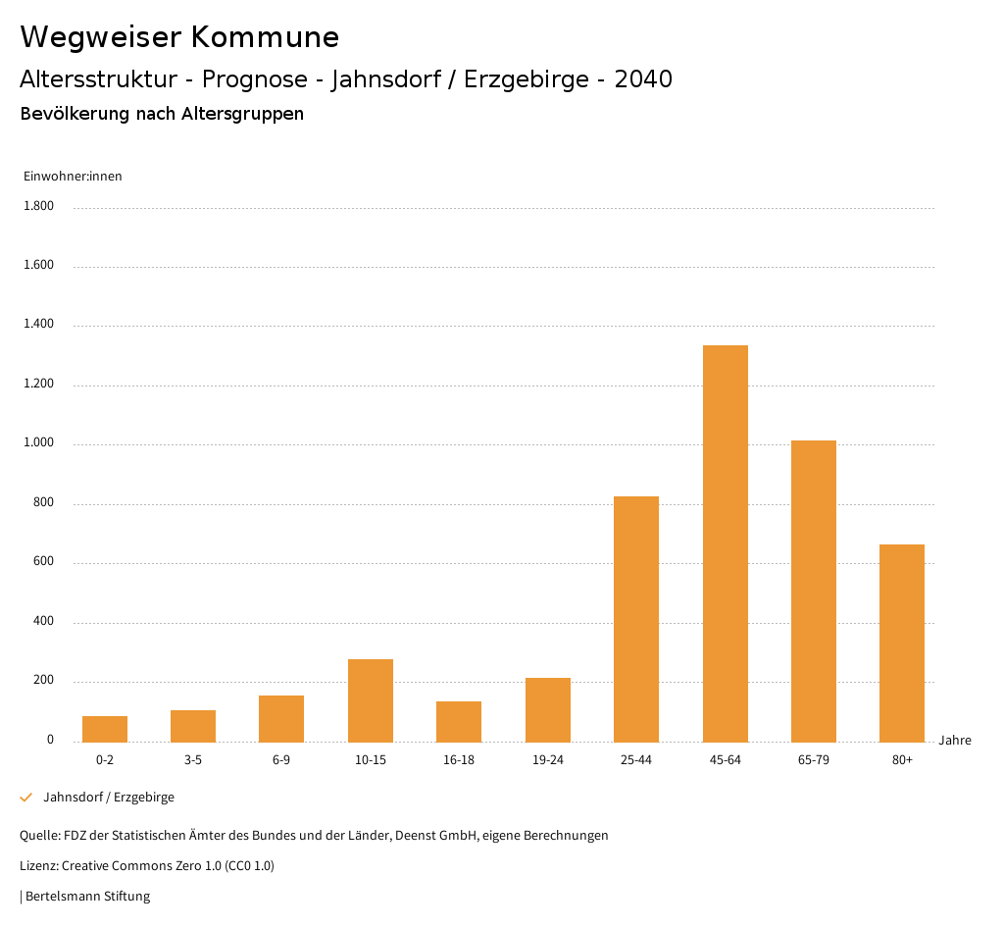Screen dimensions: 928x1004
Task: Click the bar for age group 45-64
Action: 725,543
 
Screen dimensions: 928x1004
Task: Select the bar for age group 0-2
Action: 105,729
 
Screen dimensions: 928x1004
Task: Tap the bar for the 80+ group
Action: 902,643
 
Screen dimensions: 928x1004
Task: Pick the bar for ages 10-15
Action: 371,700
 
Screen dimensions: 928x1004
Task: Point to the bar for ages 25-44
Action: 636,619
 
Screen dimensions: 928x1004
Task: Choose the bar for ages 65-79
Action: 814,591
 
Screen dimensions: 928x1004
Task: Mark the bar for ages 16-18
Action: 459,721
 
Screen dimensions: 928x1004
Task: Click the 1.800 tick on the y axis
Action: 40,206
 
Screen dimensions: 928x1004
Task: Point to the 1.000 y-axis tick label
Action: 40,443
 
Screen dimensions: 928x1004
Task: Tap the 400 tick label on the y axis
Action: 44,622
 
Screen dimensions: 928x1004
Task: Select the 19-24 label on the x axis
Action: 548,760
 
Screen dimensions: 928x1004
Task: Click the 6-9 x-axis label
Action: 281,760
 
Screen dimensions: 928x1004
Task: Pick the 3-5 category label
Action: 193,760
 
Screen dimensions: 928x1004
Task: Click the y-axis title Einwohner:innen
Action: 73,177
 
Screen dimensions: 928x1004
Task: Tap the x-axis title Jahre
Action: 955,741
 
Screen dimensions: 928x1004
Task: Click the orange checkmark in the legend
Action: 26,798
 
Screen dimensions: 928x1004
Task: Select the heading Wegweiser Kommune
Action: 179,37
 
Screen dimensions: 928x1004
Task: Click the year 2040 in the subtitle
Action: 643,79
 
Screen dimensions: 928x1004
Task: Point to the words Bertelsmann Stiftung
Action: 87,897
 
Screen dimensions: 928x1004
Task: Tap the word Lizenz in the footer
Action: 38,866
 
